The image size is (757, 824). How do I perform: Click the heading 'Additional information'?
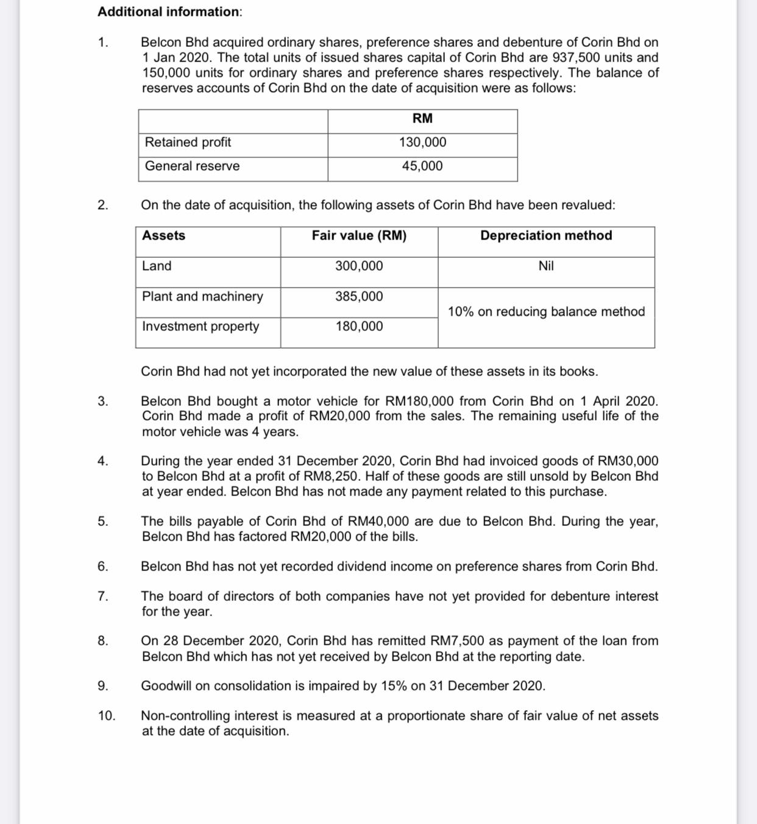[x=169, y=12]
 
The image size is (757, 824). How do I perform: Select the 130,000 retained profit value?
[x=422, y=142]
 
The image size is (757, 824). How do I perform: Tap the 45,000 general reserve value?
[x=422, y=166]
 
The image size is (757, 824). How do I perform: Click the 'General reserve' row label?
[x=192, y=166]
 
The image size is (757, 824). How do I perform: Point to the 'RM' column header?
[x=422, y=118]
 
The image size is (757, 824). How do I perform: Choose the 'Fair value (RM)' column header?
[x=359, y=235]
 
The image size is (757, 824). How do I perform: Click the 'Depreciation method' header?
[x=546, y=235]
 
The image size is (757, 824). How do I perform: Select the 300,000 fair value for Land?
[x=359, y=266]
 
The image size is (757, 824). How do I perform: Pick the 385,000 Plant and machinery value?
[x=359, y=296]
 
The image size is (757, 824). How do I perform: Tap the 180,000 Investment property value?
[x=359, y=326]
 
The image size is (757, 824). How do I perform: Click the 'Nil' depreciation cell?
[x=546, y=266]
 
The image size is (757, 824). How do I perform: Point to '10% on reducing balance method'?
[x=546, y=311]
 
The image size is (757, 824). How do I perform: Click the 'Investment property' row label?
[x=201, y=326]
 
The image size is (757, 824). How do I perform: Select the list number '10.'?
[x=107, y=716]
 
